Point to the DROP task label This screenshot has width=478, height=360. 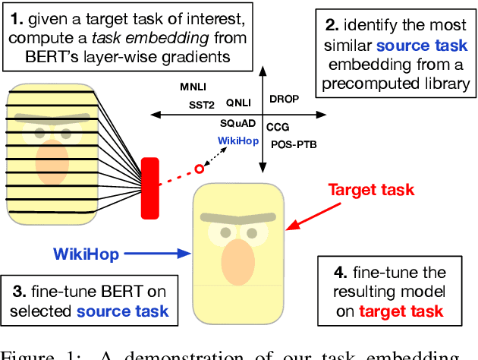point(285,99)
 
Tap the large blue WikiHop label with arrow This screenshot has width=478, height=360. point(86,254)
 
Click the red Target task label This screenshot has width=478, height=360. point(371,189)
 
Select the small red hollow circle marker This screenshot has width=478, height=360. point(200,169)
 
